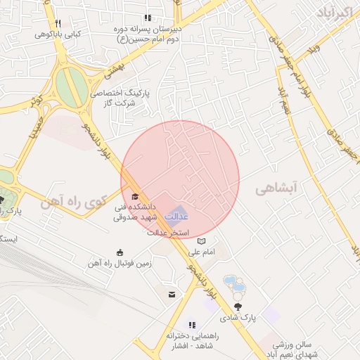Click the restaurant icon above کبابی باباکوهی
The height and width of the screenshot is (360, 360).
pos(58,23)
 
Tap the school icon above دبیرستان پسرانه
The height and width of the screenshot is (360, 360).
pos(148,18)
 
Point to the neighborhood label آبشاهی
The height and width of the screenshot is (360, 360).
pos(276,188)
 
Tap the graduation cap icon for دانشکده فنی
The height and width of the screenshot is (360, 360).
pos(135,196)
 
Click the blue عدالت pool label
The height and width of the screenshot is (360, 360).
pos(176,214)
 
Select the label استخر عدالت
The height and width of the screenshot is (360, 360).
pos(169,233)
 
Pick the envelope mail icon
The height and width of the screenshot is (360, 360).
pos(172,295)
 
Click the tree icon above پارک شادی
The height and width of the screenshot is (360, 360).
pos(237,306)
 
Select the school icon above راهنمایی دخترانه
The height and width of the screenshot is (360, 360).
pos(191,325)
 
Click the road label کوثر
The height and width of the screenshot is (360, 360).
pos(37,100)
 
